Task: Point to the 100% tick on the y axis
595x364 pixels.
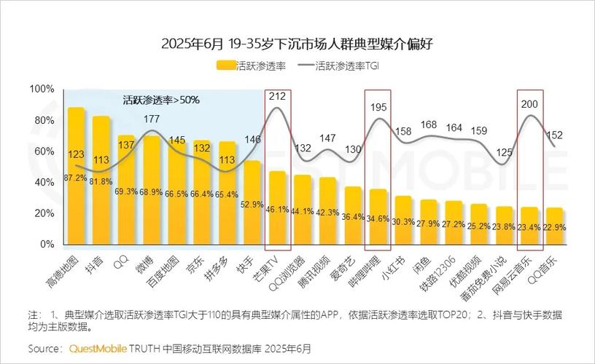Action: coord(42,89)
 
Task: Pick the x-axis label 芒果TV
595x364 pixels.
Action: coord(274,269)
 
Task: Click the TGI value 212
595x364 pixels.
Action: coord(277,96)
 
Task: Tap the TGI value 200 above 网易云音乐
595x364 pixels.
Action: coord(529,104)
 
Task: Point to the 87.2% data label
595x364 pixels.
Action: coord(75,178)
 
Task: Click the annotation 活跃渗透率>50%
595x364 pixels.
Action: coord(161,100)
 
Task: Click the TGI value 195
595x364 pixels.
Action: coord(378,107)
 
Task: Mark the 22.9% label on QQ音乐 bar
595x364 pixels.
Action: coord(555,227)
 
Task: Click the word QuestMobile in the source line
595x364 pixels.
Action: coord(98,348)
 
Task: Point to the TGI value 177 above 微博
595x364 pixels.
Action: coord(152,119)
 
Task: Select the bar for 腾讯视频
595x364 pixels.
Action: coord(327,210)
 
